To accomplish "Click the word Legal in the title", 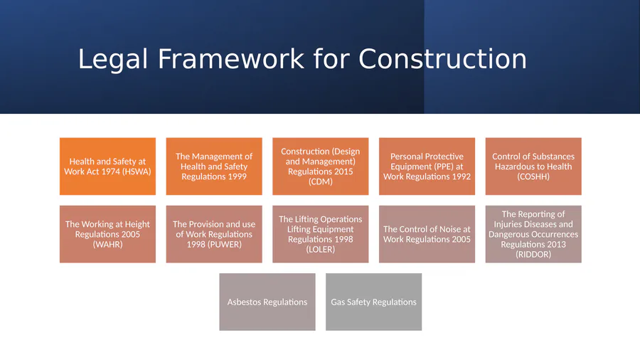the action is tap(112, 60).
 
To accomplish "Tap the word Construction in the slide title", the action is tap(442, 59).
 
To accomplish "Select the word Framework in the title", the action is tap(230, 59).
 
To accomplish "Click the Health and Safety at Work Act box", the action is tap(108, 166).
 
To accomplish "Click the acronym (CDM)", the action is tap(321, 181).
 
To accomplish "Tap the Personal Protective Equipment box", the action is tap(427, 166).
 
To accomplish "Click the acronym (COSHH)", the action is tap(533, 176).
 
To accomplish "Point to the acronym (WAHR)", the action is tap(108, 245).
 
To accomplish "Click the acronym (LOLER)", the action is tap(321, 250).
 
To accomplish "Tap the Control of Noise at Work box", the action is tap(427, 234).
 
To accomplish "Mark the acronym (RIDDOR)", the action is tap(533, 254).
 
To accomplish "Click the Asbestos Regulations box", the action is tap(267, 302).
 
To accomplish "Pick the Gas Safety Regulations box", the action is tap(374, 302).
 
